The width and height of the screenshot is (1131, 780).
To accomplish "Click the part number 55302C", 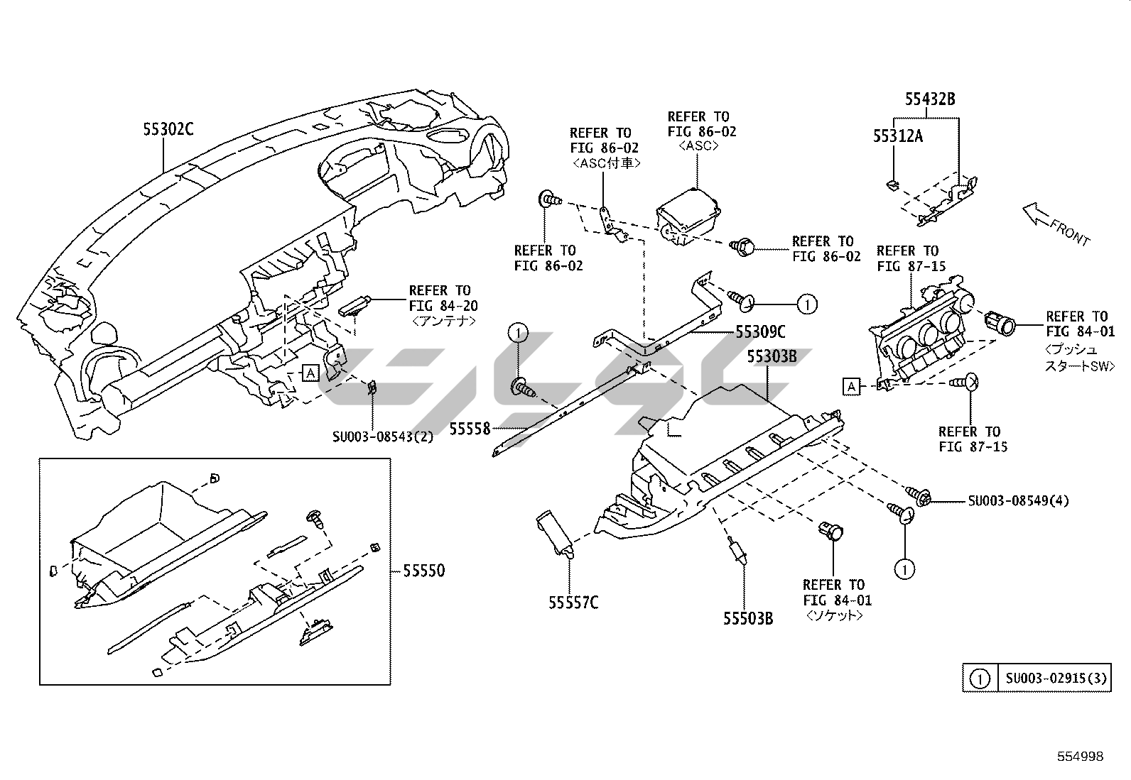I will (168, 129).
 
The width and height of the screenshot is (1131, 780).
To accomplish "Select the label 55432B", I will (930, 99).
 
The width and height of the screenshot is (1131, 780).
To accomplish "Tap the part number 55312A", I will (898, 136).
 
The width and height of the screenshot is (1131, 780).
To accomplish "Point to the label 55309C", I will (761, 331).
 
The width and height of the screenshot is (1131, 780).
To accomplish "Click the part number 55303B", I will (771, 356).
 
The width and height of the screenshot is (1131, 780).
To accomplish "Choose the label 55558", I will (470, 428).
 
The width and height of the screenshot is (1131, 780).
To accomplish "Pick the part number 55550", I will (423, 571).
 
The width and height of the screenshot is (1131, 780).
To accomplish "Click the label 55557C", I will (573, 603).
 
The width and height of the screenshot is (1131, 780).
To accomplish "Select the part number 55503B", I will (748, 618).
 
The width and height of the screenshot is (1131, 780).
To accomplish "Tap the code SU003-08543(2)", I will (382, 436).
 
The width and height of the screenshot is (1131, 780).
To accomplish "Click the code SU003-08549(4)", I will (1018, 500).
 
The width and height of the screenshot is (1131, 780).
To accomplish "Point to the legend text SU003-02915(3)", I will (1056, 679).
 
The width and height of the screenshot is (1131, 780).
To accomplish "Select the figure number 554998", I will (1079, 757).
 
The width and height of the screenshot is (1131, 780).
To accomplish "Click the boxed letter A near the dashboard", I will (310, 373).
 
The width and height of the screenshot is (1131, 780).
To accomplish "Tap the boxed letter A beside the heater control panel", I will (851, 386).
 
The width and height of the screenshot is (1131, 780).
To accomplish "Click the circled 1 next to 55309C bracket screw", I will (807, 304).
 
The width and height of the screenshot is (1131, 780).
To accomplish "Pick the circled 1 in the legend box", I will (980, 679).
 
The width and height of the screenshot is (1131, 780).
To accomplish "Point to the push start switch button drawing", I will (1002, 324).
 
